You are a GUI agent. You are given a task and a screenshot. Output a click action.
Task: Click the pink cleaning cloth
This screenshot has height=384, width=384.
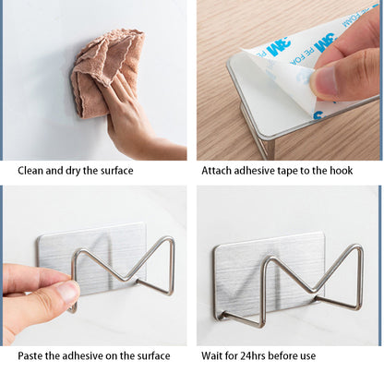click(104, 71)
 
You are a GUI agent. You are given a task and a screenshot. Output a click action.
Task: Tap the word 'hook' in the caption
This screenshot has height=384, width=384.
click(342, 171)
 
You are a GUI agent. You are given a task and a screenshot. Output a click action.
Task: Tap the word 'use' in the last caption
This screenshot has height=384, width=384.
click(308, 356)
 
